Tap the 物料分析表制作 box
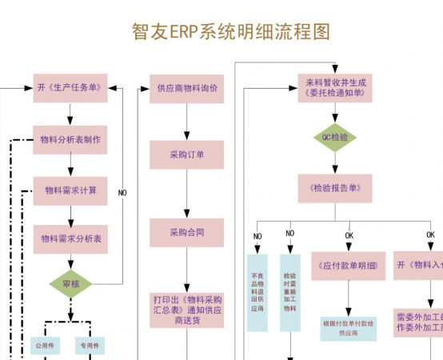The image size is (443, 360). click(70, 139)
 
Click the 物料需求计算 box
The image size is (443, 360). click(70, 190)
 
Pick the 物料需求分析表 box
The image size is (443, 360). click(70, 238)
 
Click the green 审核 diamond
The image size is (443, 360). click(70, 284)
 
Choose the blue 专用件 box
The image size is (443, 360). click(89, 346)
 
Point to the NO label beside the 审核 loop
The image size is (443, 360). click(122, 193)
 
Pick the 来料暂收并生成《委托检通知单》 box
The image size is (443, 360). click(335, 87)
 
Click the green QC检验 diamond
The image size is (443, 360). click(335, 138)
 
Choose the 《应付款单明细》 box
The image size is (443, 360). click(349, 266)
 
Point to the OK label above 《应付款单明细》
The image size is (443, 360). click(349, 235)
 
